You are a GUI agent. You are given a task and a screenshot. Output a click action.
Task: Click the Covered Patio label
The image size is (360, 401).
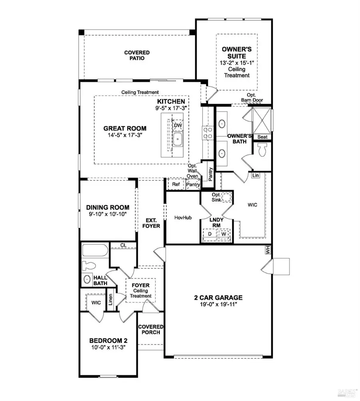pos(136,55)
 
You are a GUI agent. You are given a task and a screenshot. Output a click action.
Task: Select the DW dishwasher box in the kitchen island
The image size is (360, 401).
pos(178,126)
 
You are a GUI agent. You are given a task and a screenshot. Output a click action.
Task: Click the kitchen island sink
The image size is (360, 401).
pos(178,140)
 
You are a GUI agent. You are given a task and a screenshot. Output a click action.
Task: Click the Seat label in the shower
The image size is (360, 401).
pos(262,137)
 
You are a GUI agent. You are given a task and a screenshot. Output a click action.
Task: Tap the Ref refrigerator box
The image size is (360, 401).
pos(176,184)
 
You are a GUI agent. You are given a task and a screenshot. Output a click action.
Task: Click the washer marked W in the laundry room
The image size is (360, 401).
pos(224,234)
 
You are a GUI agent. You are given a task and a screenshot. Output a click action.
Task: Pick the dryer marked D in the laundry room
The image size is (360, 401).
pos(209,234)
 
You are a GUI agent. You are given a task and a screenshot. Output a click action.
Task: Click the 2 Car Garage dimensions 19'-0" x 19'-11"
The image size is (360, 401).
pos(218,305)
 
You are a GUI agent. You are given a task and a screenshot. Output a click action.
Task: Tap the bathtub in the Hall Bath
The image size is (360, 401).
pos(94,251)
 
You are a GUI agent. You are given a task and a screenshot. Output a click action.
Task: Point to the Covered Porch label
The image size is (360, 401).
pos(151,329)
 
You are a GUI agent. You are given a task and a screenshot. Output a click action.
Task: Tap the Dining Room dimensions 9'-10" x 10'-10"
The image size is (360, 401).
pos(108,215)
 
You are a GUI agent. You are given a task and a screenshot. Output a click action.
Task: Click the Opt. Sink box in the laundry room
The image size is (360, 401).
pos(226,197)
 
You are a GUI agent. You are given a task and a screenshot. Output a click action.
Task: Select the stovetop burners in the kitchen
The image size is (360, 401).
pos(208,132)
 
